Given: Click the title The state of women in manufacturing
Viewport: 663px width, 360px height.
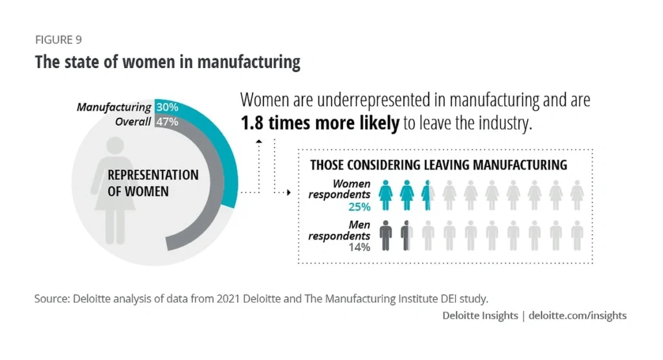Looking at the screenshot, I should coord(167,62).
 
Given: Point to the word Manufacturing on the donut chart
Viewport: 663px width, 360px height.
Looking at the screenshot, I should coord(114,107).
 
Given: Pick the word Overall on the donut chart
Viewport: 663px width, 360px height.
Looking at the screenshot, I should coord(133,121).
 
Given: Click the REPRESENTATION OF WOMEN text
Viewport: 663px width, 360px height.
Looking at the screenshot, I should coord(153,183).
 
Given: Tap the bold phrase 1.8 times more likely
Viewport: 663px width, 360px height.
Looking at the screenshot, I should coord(320,124).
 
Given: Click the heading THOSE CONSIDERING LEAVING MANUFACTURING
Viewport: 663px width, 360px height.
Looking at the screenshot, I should coord(438,165).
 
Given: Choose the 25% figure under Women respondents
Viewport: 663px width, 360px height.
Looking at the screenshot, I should coord(358,207).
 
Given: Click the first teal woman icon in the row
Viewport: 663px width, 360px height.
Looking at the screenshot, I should coord(386,195).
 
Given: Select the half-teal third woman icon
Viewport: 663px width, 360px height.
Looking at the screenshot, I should coord(427,195).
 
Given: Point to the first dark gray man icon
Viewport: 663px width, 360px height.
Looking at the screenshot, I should coord(386,235).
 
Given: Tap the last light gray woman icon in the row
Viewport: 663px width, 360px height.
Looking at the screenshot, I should coord(577,195).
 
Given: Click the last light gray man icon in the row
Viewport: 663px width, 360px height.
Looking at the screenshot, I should coord(577,235).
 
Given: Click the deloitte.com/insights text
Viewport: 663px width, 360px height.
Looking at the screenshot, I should coord(578,316).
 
